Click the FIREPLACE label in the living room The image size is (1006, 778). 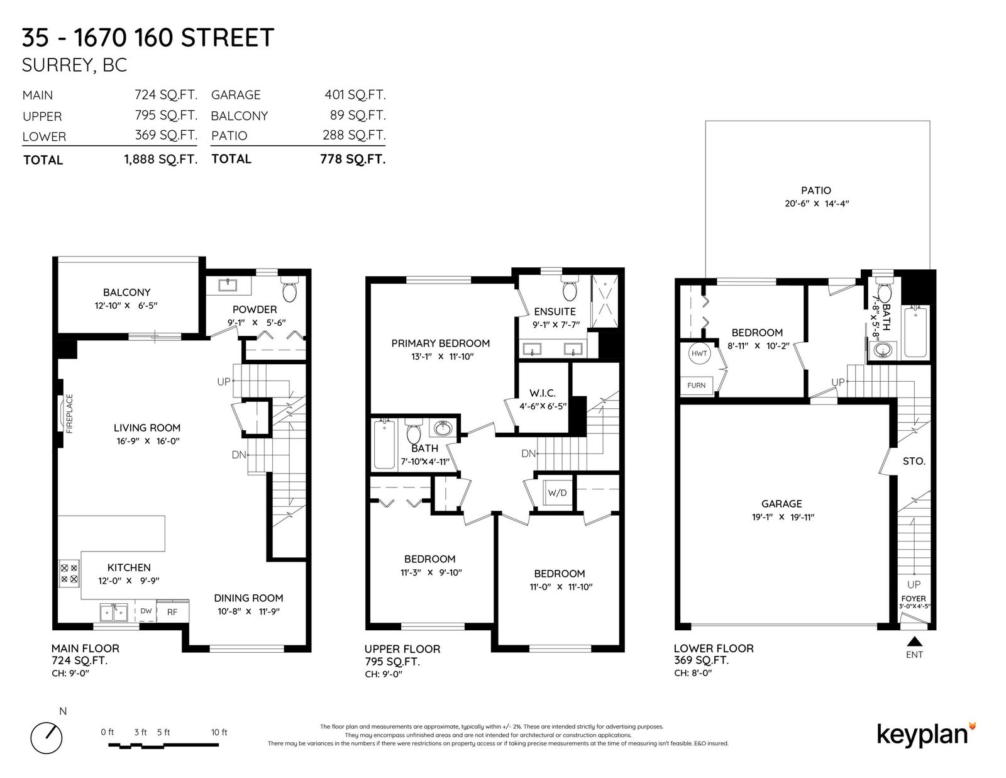tap(69, 414)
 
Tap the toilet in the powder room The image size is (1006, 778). tap(290, 289)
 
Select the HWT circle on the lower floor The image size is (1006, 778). tap(699, 353)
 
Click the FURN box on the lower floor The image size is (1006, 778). tap(696, 386)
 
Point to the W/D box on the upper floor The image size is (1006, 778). tap(558, 492)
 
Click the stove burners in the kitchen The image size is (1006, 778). tap(69, 574)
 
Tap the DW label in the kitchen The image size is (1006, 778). tap(146, 611)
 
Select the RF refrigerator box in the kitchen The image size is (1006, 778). tap(173, 611)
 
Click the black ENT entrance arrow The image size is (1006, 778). tap(914, 642)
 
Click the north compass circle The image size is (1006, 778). tap(47, 738)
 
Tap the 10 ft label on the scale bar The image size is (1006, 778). tap(219, 732)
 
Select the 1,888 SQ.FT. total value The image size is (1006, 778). tap(160, 160)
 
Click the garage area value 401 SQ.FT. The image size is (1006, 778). tap(355, 94)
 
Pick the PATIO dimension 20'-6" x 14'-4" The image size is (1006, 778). tap(817, 203)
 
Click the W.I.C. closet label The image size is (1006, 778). tap(543, 393)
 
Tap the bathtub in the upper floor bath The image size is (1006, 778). tap(384, 443)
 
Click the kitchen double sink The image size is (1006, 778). tap(114, 612)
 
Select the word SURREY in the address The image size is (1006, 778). tap(58, 65)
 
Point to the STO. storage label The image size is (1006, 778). tap(914, 461)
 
